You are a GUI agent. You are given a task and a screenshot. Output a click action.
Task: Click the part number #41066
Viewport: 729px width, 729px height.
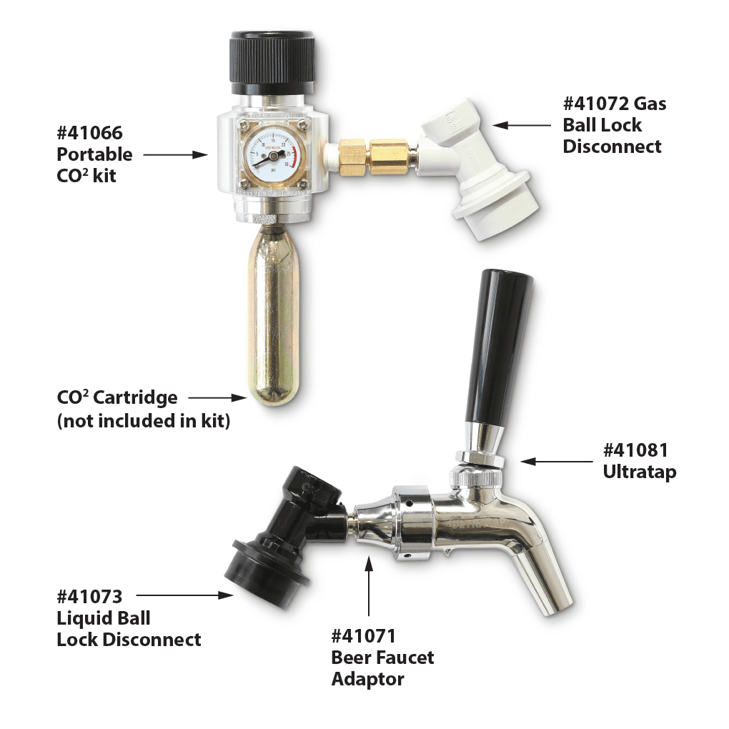[89, 133]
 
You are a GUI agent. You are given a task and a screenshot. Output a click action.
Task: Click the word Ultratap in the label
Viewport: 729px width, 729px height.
[639, 472]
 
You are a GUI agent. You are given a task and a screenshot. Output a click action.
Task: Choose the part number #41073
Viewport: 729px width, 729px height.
[89, 596]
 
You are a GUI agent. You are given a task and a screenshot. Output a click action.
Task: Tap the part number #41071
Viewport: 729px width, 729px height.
[364, 635]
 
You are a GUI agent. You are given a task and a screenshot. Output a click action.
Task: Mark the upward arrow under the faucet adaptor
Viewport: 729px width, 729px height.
[370, 586]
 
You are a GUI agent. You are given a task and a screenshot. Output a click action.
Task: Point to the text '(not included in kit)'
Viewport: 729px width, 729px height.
[143, 421]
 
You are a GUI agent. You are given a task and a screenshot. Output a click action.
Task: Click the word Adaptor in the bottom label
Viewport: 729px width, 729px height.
[368, 679]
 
